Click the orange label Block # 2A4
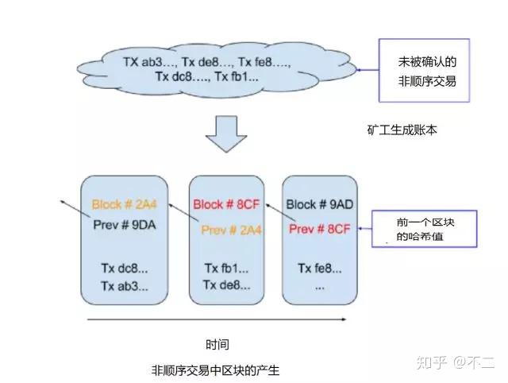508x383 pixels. click(125, 204)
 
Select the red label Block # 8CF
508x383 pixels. click(226, 204)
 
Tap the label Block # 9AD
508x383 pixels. click(319, 204)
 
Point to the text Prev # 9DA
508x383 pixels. click(125, 225)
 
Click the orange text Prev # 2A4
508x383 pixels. click(231, 230)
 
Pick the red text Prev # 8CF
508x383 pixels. click(319, 229)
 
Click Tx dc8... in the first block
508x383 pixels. click(125, 269)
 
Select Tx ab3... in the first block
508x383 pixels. click(125, 286)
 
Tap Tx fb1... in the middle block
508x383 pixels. click(226, 269)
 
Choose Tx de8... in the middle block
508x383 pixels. click(226, 285)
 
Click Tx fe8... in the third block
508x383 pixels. click(319, 269)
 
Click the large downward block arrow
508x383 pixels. click(226, 134)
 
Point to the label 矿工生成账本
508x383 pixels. click(402, 130)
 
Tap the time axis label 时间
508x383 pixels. click(217, 344)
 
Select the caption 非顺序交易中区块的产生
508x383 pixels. click(215, 370)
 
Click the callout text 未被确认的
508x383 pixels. click(427, 62)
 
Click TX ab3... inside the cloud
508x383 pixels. click(150, 62)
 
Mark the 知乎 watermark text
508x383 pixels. click(431, 362)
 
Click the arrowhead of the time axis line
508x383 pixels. click(344, 319)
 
